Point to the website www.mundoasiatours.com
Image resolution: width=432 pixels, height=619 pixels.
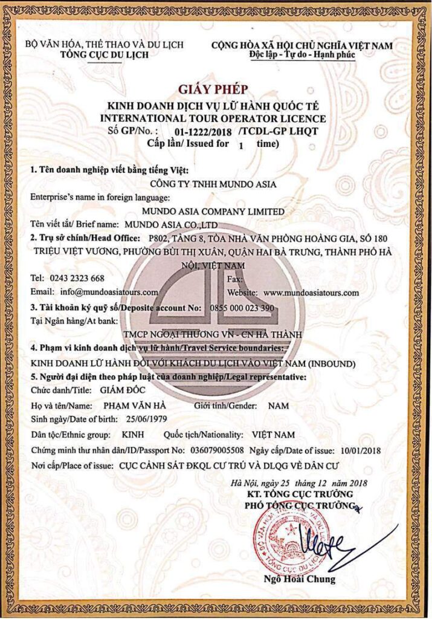pos(311,292)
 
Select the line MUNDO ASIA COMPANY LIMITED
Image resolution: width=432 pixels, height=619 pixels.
pos(212,212)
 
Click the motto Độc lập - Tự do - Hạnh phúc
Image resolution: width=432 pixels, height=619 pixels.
pos(302,55)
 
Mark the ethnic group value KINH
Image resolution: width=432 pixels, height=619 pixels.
pos(132,435)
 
